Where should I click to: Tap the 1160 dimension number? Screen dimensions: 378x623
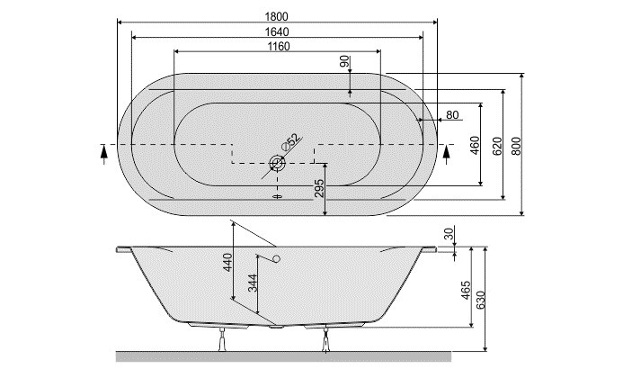point(278,47)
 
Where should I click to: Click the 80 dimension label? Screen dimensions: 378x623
point(451,114)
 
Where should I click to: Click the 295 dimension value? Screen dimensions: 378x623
point(318,188)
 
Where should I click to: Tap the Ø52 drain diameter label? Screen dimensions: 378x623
point(289,141)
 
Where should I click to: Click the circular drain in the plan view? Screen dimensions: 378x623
point(277,163)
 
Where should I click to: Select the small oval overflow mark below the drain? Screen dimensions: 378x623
point(277,192)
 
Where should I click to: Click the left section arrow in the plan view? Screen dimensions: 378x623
point(104,153)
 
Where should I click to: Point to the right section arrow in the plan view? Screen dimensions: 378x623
point(447,153)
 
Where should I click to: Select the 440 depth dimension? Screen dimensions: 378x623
point(227,262)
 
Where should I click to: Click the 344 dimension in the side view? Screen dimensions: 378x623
point(254,286)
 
